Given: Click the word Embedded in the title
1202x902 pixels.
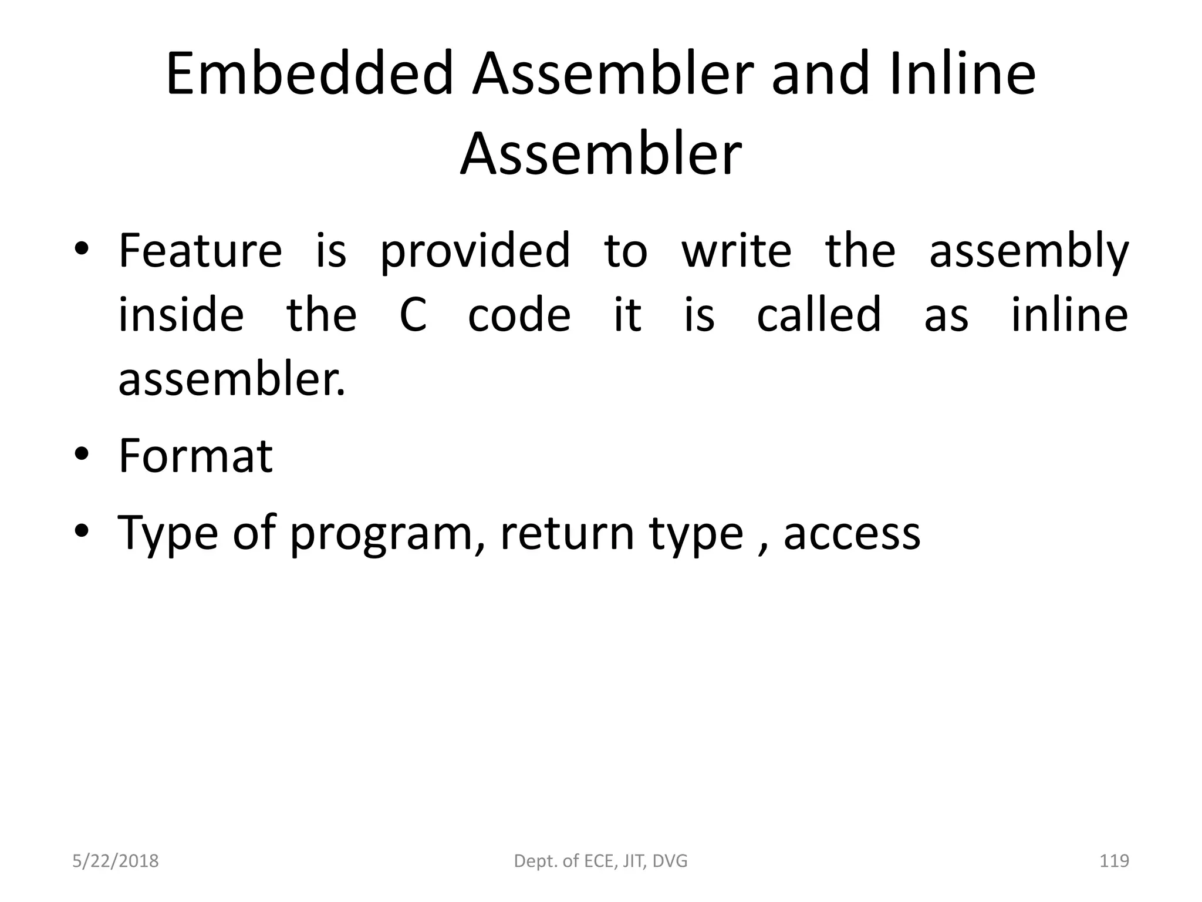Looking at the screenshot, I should (x=309, y=75).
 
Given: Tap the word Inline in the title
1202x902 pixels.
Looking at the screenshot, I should (x=963, y=75).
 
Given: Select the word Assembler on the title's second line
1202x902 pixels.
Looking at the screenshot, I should (x=600, y=154).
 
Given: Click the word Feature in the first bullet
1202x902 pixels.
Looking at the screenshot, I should (x=200, y=251).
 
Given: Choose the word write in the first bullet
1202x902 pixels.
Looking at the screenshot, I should (x=737, y=251).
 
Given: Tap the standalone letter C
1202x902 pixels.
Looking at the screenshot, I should (x=413, y=315).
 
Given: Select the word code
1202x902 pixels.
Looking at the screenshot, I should (x=519, y=315).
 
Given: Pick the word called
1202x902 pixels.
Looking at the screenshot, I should (x=819, y=315).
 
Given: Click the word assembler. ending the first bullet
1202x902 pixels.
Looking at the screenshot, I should (x=232, y=379).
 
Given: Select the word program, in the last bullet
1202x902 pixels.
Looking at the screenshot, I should (x=388, y=534).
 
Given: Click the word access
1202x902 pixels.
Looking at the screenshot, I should (x=852, y=534).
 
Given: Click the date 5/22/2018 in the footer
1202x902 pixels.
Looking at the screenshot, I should (x=115, y=861).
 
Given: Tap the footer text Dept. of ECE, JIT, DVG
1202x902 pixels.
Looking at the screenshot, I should (x=600, y=861).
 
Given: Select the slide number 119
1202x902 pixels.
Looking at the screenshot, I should (x=1113, y=861).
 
